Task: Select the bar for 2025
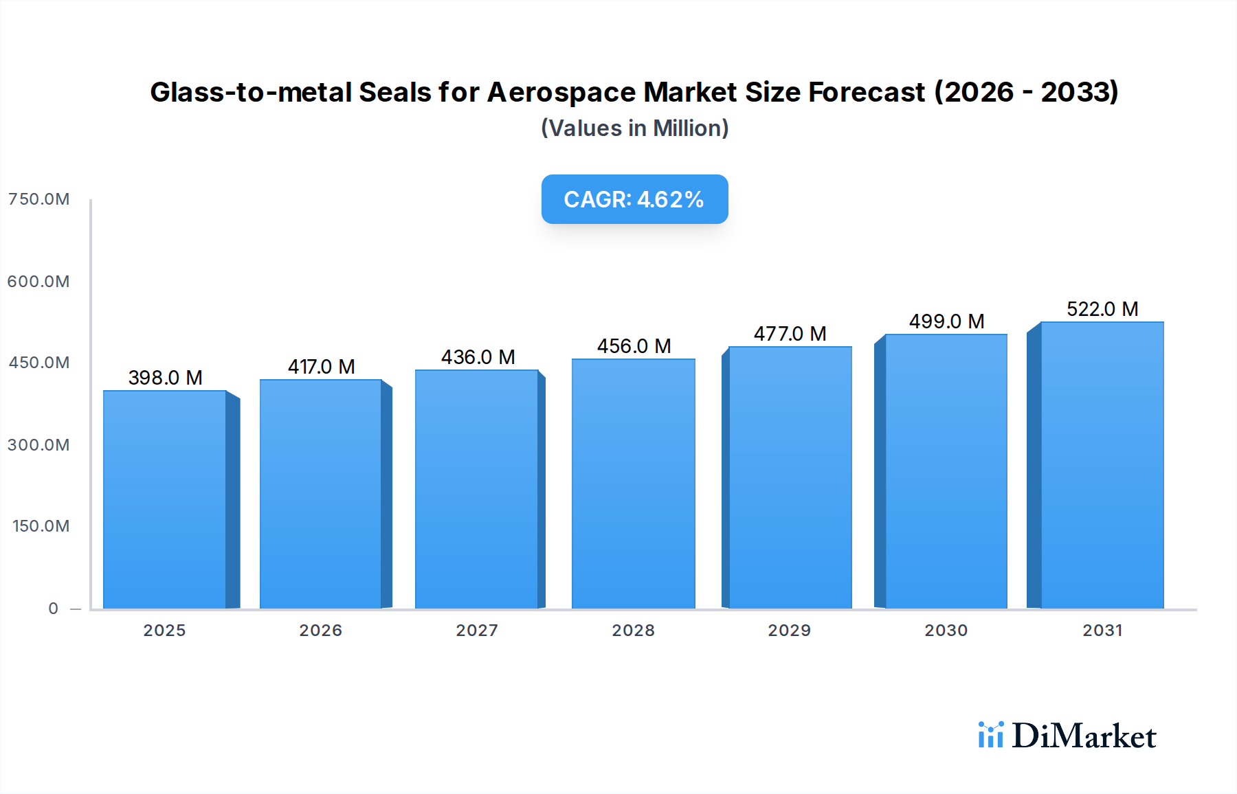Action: pyautogui.click(x=165, y=499)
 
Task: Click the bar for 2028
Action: pyautogui.click(x=633, y=484)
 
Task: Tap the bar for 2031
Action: pyautogui.click(x=1102, y=465)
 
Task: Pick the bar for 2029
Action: pyautogui.click(x=790, y=477)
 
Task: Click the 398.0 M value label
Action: pyautogui.click(x=165, y=378)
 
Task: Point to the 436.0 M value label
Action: pyautogui.click(x=478, y=357)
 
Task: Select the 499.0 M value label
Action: pyautogui.click(x=946, y=321)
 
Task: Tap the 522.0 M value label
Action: pyautogui.click(x=1102, y=309)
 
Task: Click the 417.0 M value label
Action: pyautogui.click(x=321, y=367)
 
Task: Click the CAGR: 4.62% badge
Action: pyautogui.click(x=634, y=199)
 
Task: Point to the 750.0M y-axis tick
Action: pyautogui.click(x=39, y=199)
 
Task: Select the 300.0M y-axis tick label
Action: pyautogui.click(x=39, y=445)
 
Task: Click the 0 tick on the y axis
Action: pyautogui.click(x=53, y=609)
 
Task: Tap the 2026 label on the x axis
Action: pyautogui.click(x=320, y=631)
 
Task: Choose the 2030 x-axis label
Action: pyautogui.click(x=946, y=631)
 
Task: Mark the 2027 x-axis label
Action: pyautogui.click(x=477, y=631)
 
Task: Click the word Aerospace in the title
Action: pyautogui.click(x=561, y=92)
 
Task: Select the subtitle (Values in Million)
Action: pyautogui.click(x=634, y=128)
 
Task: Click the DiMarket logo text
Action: pyautogui.click(x=1084, y=736)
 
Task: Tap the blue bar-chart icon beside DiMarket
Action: pyautogui.click(x=990, y=735)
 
